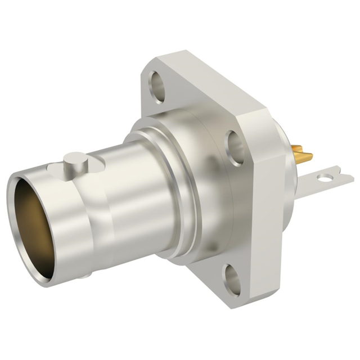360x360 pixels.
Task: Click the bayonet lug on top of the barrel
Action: click(75, 161)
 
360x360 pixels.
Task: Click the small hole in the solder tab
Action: click(325, 179)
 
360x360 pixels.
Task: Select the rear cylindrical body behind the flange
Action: click(292, 186)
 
